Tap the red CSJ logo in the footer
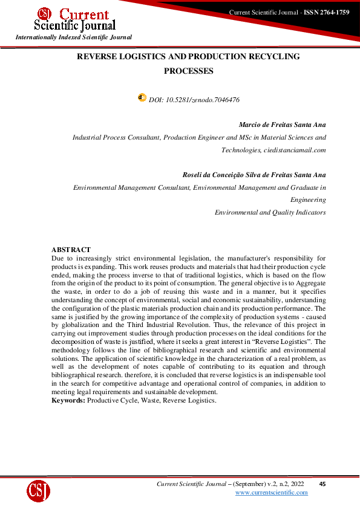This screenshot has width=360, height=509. (38, 491)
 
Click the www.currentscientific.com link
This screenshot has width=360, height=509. (271, 493)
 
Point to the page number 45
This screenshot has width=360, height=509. (322, 484)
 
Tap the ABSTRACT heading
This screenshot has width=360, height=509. (71, 250)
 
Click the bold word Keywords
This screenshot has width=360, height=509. (68, 400)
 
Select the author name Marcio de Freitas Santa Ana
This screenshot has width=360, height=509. (282, 125)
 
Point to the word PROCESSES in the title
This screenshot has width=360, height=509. (189, 71)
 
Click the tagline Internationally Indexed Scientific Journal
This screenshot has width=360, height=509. (74, 37)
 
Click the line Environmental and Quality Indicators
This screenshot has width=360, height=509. (270, 212)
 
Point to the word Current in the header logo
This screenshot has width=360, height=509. (85, 14)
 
